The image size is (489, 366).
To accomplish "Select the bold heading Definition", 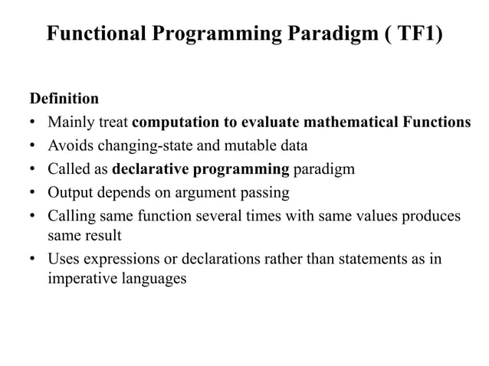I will [64, 99].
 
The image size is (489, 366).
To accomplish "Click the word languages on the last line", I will [153, 278].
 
